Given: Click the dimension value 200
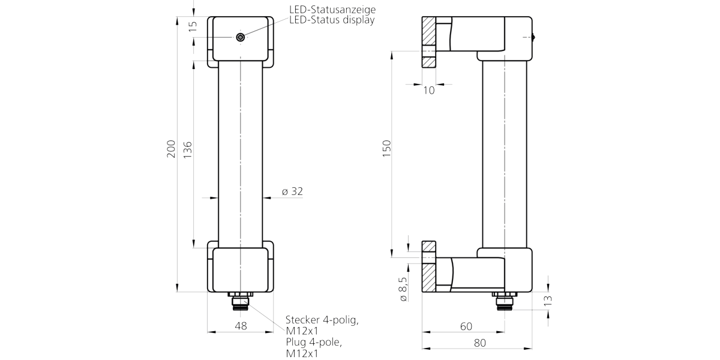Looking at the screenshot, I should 171,149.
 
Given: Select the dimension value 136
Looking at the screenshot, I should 187,149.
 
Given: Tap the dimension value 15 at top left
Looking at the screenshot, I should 193,26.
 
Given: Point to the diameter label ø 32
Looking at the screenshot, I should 292,191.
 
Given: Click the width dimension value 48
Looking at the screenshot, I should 240,326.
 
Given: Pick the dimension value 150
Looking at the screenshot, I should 386,149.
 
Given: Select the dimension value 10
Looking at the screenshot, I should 428,91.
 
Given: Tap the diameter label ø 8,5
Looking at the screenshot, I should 403,289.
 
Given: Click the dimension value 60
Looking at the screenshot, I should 466,326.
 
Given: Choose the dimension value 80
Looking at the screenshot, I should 479,343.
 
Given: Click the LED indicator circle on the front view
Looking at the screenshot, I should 241,37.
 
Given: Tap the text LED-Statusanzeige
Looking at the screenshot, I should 332,10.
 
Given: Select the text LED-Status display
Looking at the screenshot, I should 331,20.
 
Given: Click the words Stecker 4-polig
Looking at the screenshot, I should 322,320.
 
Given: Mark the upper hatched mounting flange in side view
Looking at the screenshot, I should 428,42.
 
